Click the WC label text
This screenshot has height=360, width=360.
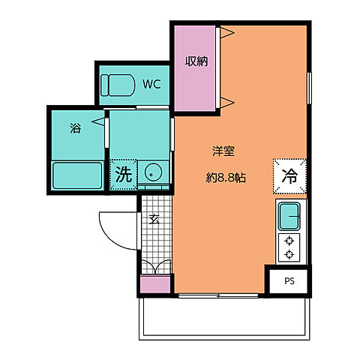pos(152,84)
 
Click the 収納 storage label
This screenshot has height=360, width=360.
pos(196,61)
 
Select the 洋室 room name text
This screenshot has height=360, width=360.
pos(223,151)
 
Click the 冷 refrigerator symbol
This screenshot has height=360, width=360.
pos(290,177)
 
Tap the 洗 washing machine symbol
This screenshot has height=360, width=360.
pos(123,175)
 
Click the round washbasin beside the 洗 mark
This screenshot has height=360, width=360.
pos(153,173)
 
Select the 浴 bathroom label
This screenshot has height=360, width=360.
pos(75,127)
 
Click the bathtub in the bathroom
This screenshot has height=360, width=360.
pos(77,175)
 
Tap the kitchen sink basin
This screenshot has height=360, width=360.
pos(290,217)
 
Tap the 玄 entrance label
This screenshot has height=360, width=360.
pos(154,219)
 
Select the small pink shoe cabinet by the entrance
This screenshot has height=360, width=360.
pos(155,286)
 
